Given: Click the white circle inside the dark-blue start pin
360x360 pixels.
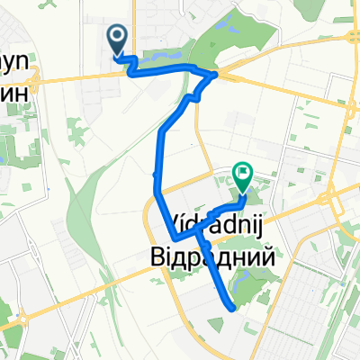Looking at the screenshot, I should pos(118,37).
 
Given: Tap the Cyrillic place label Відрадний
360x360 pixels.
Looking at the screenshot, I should pos(210,255).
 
